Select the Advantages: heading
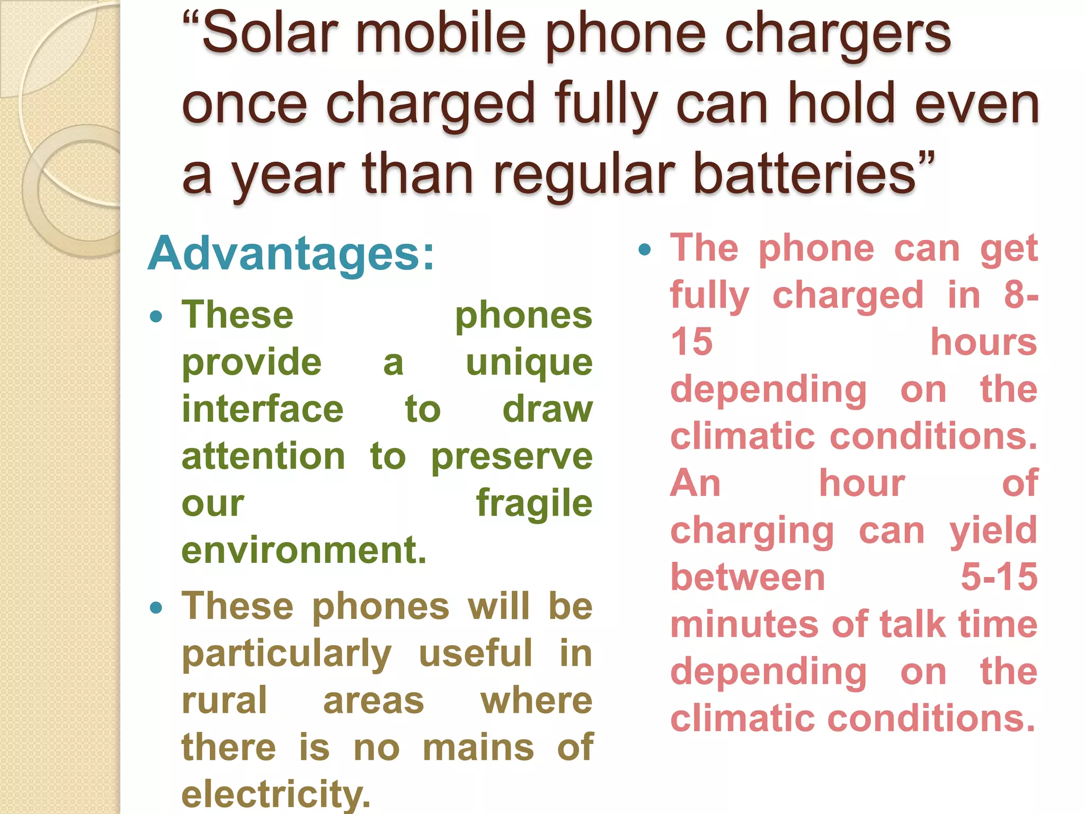click(x=291, y=253)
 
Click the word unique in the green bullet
click(x=529, y=364)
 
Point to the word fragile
click(x=534, y=503)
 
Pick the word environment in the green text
click(x=303, y=550)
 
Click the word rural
click(x=224, y=701)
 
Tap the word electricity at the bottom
click(x=275, y=794)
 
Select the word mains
click(x=478, y=747)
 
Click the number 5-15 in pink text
click(x=999, y=577)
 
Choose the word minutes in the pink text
click(x=743, y=624)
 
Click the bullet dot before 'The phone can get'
click(x=644, y=250)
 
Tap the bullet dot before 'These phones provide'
click(x=156, y=317)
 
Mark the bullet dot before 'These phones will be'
click(x=156, y=607)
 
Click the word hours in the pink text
click(x=983, y=342)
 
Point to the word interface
click(x=263, y=410)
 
